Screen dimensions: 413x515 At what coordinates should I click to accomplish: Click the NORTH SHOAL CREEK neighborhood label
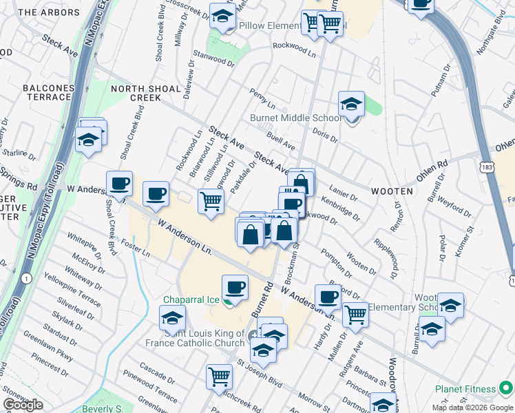point(145,94)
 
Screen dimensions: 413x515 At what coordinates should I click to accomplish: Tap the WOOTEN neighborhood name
point(393,191)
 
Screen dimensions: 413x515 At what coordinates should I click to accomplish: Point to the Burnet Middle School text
point(295,118)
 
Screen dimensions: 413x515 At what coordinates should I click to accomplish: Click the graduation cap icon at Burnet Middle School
point(351,105)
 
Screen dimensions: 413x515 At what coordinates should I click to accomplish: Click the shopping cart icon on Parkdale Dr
point(211,201)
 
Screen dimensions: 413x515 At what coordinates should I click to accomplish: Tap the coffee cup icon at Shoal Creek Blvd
point(120,184)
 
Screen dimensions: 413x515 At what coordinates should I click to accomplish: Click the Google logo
point(23,405)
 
